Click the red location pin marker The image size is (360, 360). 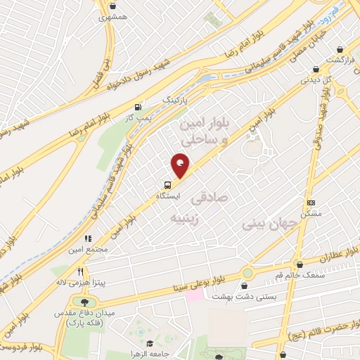181,166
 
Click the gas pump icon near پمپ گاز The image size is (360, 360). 137,108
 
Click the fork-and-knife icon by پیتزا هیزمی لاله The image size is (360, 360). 81,271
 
